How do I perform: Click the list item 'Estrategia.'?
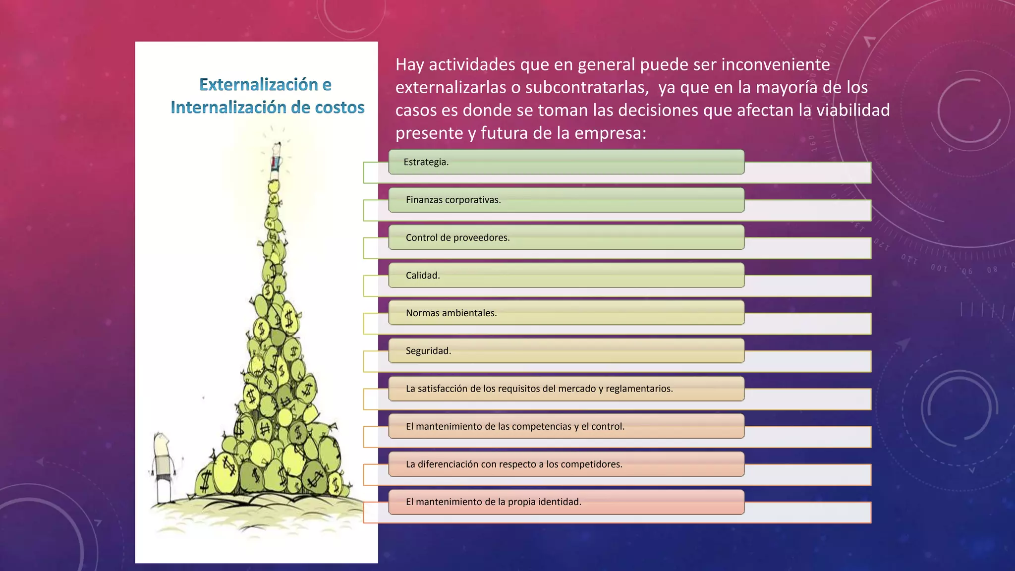[x=426, y=162]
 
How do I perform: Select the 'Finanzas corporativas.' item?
[x=453, y=200]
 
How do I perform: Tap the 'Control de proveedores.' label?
[x=457, y=237]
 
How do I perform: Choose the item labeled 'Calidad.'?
[x=423, y=276]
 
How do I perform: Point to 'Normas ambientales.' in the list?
[x=451, y=313]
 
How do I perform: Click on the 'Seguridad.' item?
[x=428, y=351]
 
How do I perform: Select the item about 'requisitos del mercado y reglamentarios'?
[x=539, y=389]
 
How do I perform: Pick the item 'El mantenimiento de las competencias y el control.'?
[x=515, y=426]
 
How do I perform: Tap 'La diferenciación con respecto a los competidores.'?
[x=514, y=464]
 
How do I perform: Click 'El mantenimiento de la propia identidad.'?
[x=493, y=502]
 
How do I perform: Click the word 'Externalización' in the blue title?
[x=258, y=85]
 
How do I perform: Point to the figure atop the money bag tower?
[x=276, y=158]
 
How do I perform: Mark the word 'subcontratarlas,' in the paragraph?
[x=587, y=87]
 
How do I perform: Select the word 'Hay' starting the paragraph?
[x=409, y=64]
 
